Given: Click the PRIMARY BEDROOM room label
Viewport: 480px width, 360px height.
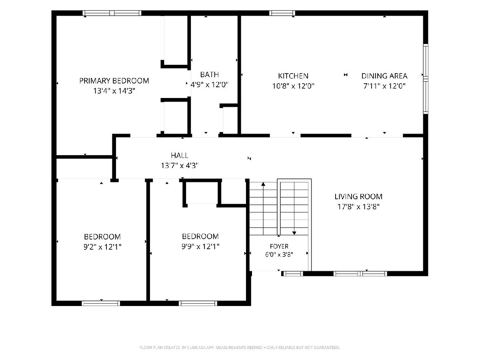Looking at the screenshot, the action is pyautogui.click(x=114, y=81).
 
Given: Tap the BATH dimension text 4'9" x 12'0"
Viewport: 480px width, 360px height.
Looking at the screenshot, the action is pyautogui.click(x=209, y=84).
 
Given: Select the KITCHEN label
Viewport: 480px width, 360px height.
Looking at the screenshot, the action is pyautogui.click(x=293, y=76).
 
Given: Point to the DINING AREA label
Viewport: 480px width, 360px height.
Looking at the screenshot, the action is pyautogui.click(x=384, y=76).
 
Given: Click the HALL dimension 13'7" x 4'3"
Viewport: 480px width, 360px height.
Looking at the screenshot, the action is pyautogui.click(x=180, y=166).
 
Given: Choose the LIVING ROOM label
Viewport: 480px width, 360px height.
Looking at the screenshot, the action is pyautogui.click(x=358, y=196).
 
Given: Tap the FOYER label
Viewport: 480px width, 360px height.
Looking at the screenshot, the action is pyautogui.click(x=279, y=246).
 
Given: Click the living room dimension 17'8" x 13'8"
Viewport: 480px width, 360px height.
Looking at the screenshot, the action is pyautogui.click(x=358, y=206).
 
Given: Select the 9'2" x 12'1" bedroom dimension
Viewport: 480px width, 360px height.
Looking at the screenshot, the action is pyautogui.click(x=102, y=247).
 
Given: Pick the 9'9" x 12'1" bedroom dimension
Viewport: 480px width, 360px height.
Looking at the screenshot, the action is pyautogui.click(x=200, y=246).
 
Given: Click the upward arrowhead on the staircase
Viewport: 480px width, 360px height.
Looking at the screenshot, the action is pyautogui.click(x=263, y=184).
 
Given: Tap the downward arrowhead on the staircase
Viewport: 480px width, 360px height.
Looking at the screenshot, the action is pyautogui.click(x=294, y=233).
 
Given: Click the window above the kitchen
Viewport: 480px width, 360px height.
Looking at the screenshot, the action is pyautogui.click(x=282, y=13).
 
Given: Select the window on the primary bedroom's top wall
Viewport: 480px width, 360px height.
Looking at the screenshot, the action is pyautogui.click(x=112, y=13).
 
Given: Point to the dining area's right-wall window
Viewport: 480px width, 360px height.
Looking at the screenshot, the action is pyautogui.click(x=426, y=79).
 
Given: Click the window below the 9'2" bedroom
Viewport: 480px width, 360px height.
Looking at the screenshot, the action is pyautogui.click(x=101, y=303).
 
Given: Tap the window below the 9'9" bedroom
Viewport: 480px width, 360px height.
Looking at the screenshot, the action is pyautogui.click(x=198, y=303).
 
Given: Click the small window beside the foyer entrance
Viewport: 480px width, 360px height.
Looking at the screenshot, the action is pyautogui.click(x=292, y=274).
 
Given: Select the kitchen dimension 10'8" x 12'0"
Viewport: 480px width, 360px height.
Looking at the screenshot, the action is pyautogui.click(x=293, y=86).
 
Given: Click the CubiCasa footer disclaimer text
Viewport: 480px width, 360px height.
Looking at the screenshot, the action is pyautogui.click(x=240, y=347).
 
